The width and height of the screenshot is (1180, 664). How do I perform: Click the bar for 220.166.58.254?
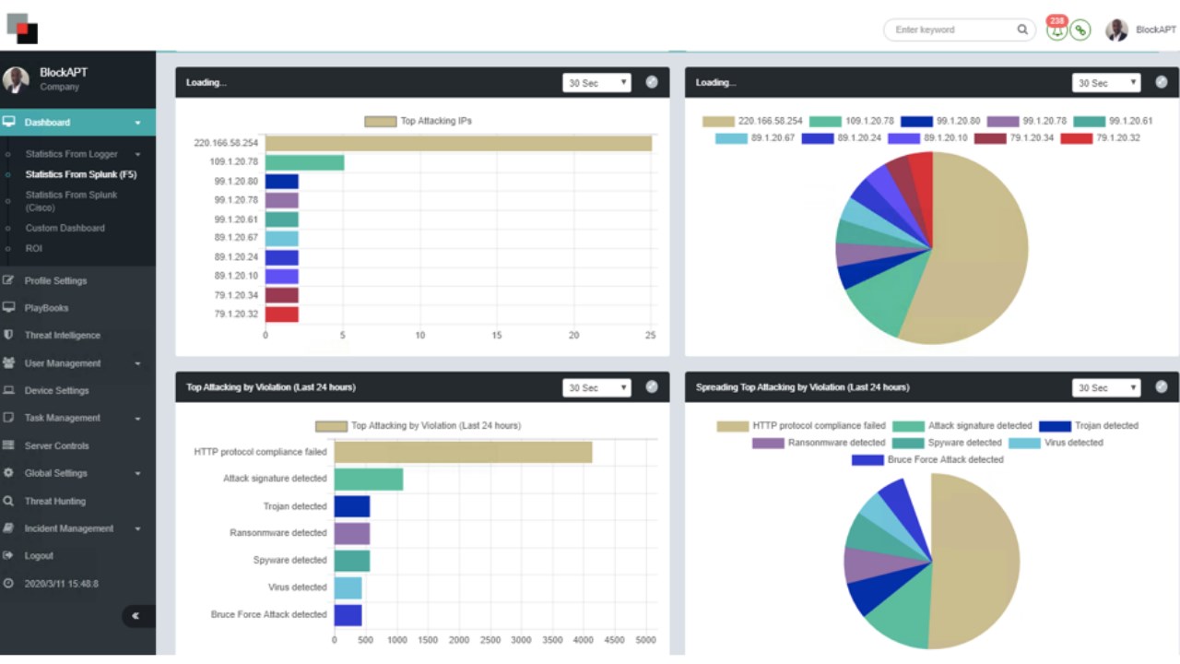[458, 143]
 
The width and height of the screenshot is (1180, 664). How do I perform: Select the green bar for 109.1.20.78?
[304, 162]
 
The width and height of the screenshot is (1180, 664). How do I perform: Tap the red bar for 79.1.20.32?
[281, 314]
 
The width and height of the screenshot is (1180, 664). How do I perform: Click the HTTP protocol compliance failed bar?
[463, 452]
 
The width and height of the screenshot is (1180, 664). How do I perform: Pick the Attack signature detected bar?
[369, 479]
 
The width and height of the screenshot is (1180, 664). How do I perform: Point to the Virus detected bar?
[348, 587]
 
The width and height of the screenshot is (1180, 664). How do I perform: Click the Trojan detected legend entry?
[1088, 426]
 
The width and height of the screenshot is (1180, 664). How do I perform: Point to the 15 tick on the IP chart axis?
[497, 336]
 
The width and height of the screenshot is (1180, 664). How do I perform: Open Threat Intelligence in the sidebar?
[62, 336]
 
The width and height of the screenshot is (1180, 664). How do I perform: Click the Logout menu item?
[39, 556]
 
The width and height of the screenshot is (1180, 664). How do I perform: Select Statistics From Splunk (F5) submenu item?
[81, 174]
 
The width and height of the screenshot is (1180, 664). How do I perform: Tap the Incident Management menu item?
[69, 528]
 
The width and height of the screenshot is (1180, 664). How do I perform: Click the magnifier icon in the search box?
[1022, 30]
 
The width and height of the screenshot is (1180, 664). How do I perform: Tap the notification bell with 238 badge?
[1056, 30]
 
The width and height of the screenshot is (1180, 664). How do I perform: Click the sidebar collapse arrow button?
[136, 616]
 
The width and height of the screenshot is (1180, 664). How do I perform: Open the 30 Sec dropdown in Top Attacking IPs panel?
[596, 83]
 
